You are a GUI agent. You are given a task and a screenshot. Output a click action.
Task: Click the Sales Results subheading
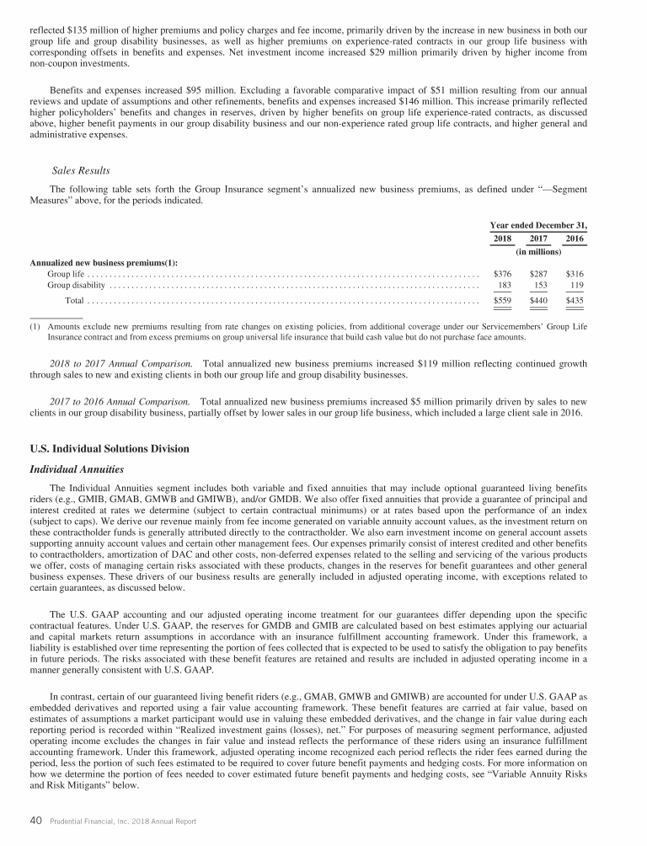pos(81,171)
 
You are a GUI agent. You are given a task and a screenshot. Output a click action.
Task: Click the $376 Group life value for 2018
pos(502,274)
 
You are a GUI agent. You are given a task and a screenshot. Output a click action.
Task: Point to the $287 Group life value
pos(538,274)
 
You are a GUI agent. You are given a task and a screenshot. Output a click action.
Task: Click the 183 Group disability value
pos(505,286)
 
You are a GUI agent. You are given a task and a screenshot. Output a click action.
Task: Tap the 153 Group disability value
pos(541,286)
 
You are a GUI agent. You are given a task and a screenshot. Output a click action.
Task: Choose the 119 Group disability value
pos(576,286)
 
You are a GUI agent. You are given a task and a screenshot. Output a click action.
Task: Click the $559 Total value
pos(502,301)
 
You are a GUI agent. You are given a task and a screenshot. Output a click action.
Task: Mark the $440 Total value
pos(538,301)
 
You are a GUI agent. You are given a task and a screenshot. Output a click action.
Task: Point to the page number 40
pos(36,821)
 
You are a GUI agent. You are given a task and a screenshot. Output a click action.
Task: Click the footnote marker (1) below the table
pos(35,325)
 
